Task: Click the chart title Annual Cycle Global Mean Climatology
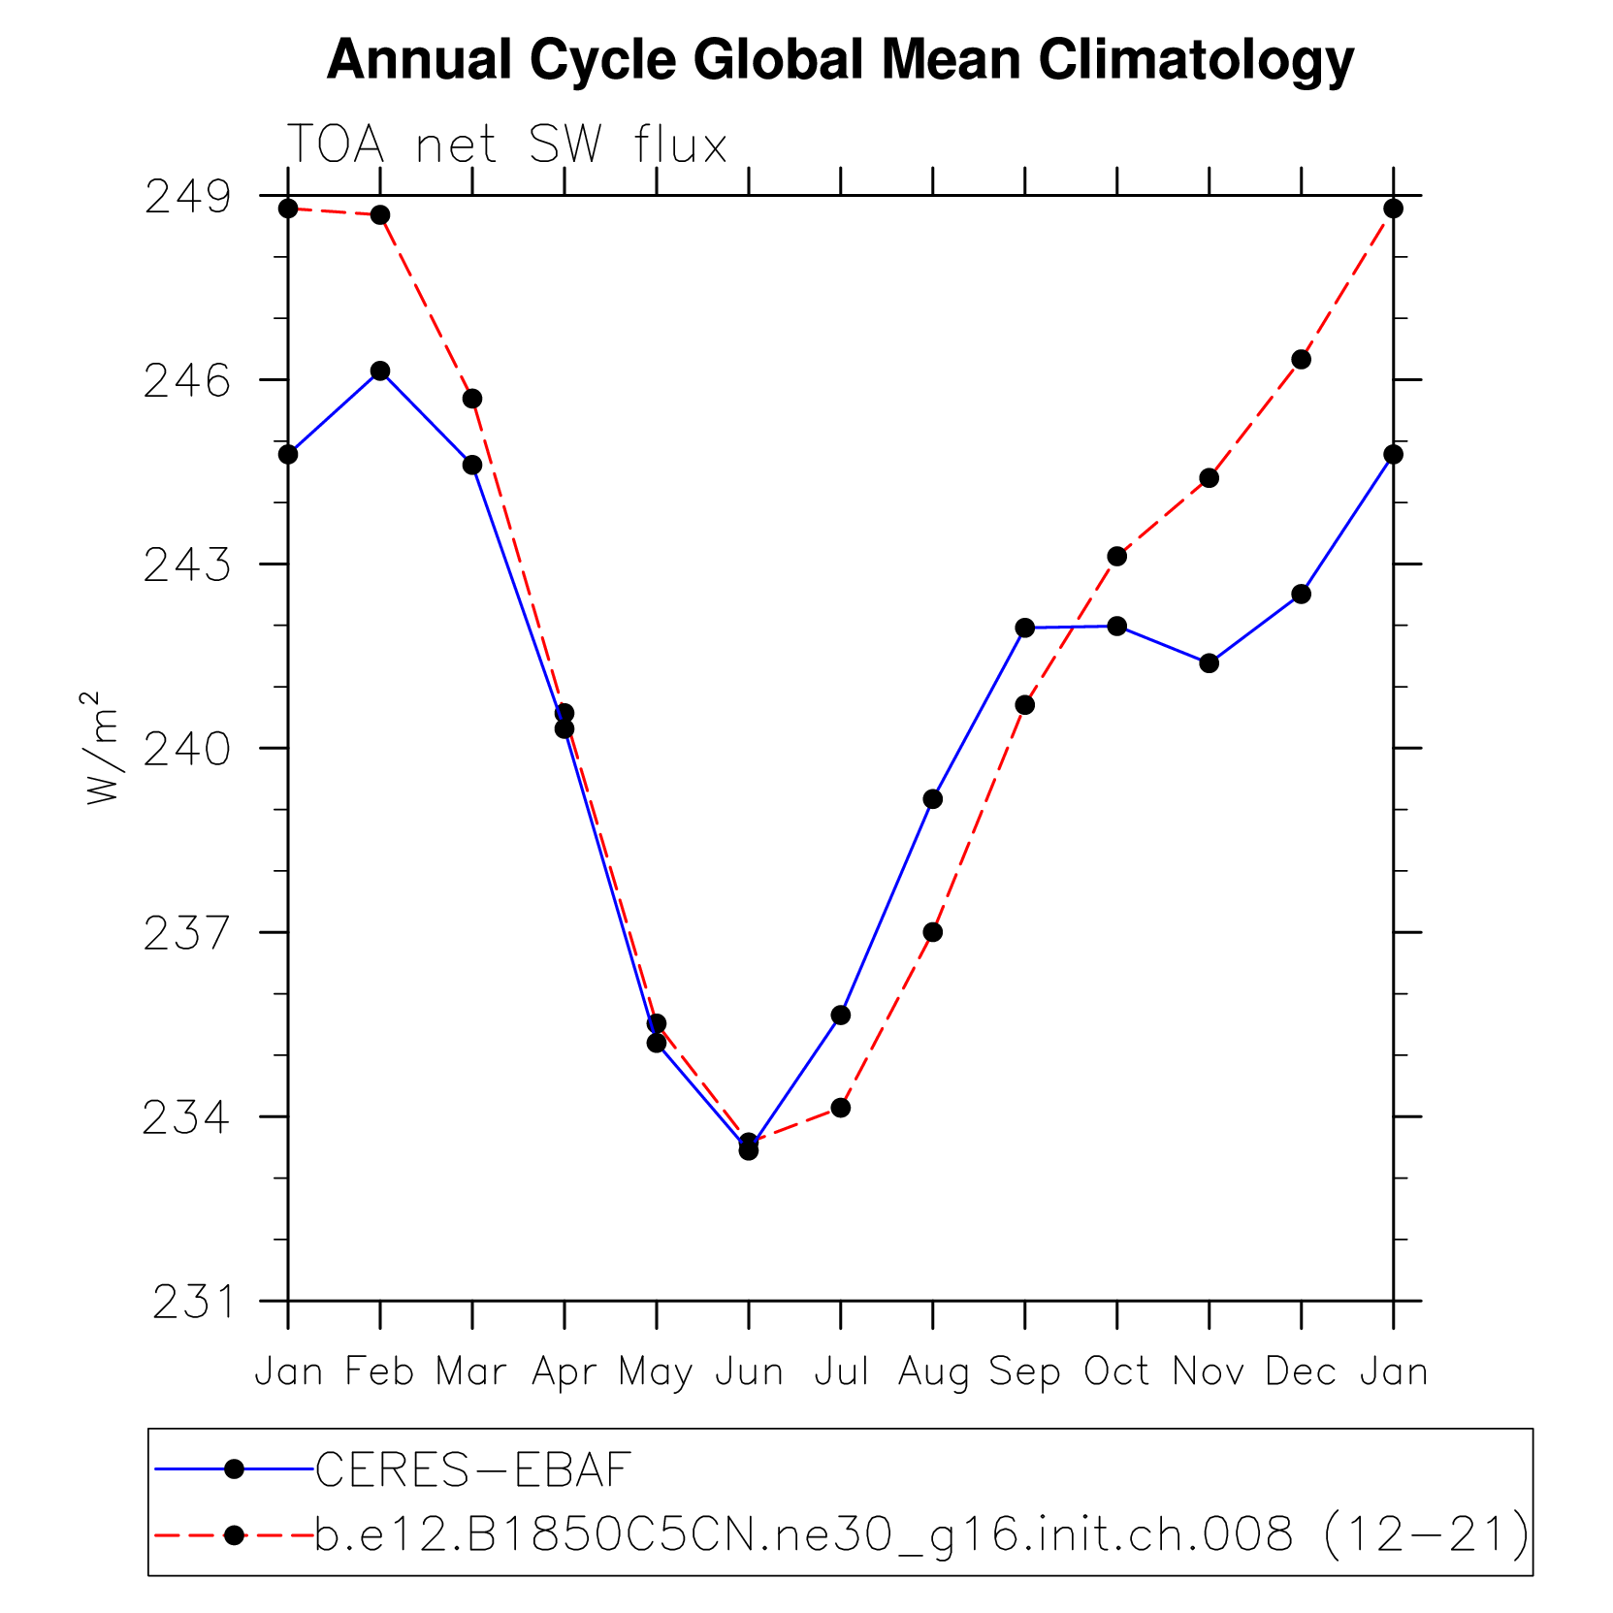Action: click(x=840, y=60)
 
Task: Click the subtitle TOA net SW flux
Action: click(x=506, y=145)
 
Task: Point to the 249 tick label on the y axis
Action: click(x=188, y=197)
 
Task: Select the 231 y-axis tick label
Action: click(x=192, y=1302)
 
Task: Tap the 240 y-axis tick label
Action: click(x=188, y=749)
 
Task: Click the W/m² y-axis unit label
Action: click(x=102, y=747)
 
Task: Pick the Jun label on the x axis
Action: click(x=749, y=1371)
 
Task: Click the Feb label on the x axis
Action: click(x=380, y=1371)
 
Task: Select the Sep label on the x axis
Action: click(x=1024, y=1371)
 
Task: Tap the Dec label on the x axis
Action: click(x=1301, y=1371)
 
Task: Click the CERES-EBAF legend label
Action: click(x=473, y=1469)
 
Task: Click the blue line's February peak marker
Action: click(x=380, y=371)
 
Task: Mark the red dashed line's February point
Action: click(x=380, y=214)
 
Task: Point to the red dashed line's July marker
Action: click(x=841, y=1108)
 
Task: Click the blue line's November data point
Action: click(x=1209, y=663)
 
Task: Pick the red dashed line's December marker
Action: click(x=1301, y=360)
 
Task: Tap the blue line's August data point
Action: click(x=932, y=799)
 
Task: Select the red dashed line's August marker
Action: click(x=932, y=932)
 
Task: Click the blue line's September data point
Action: click(x=1024, y=628)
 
